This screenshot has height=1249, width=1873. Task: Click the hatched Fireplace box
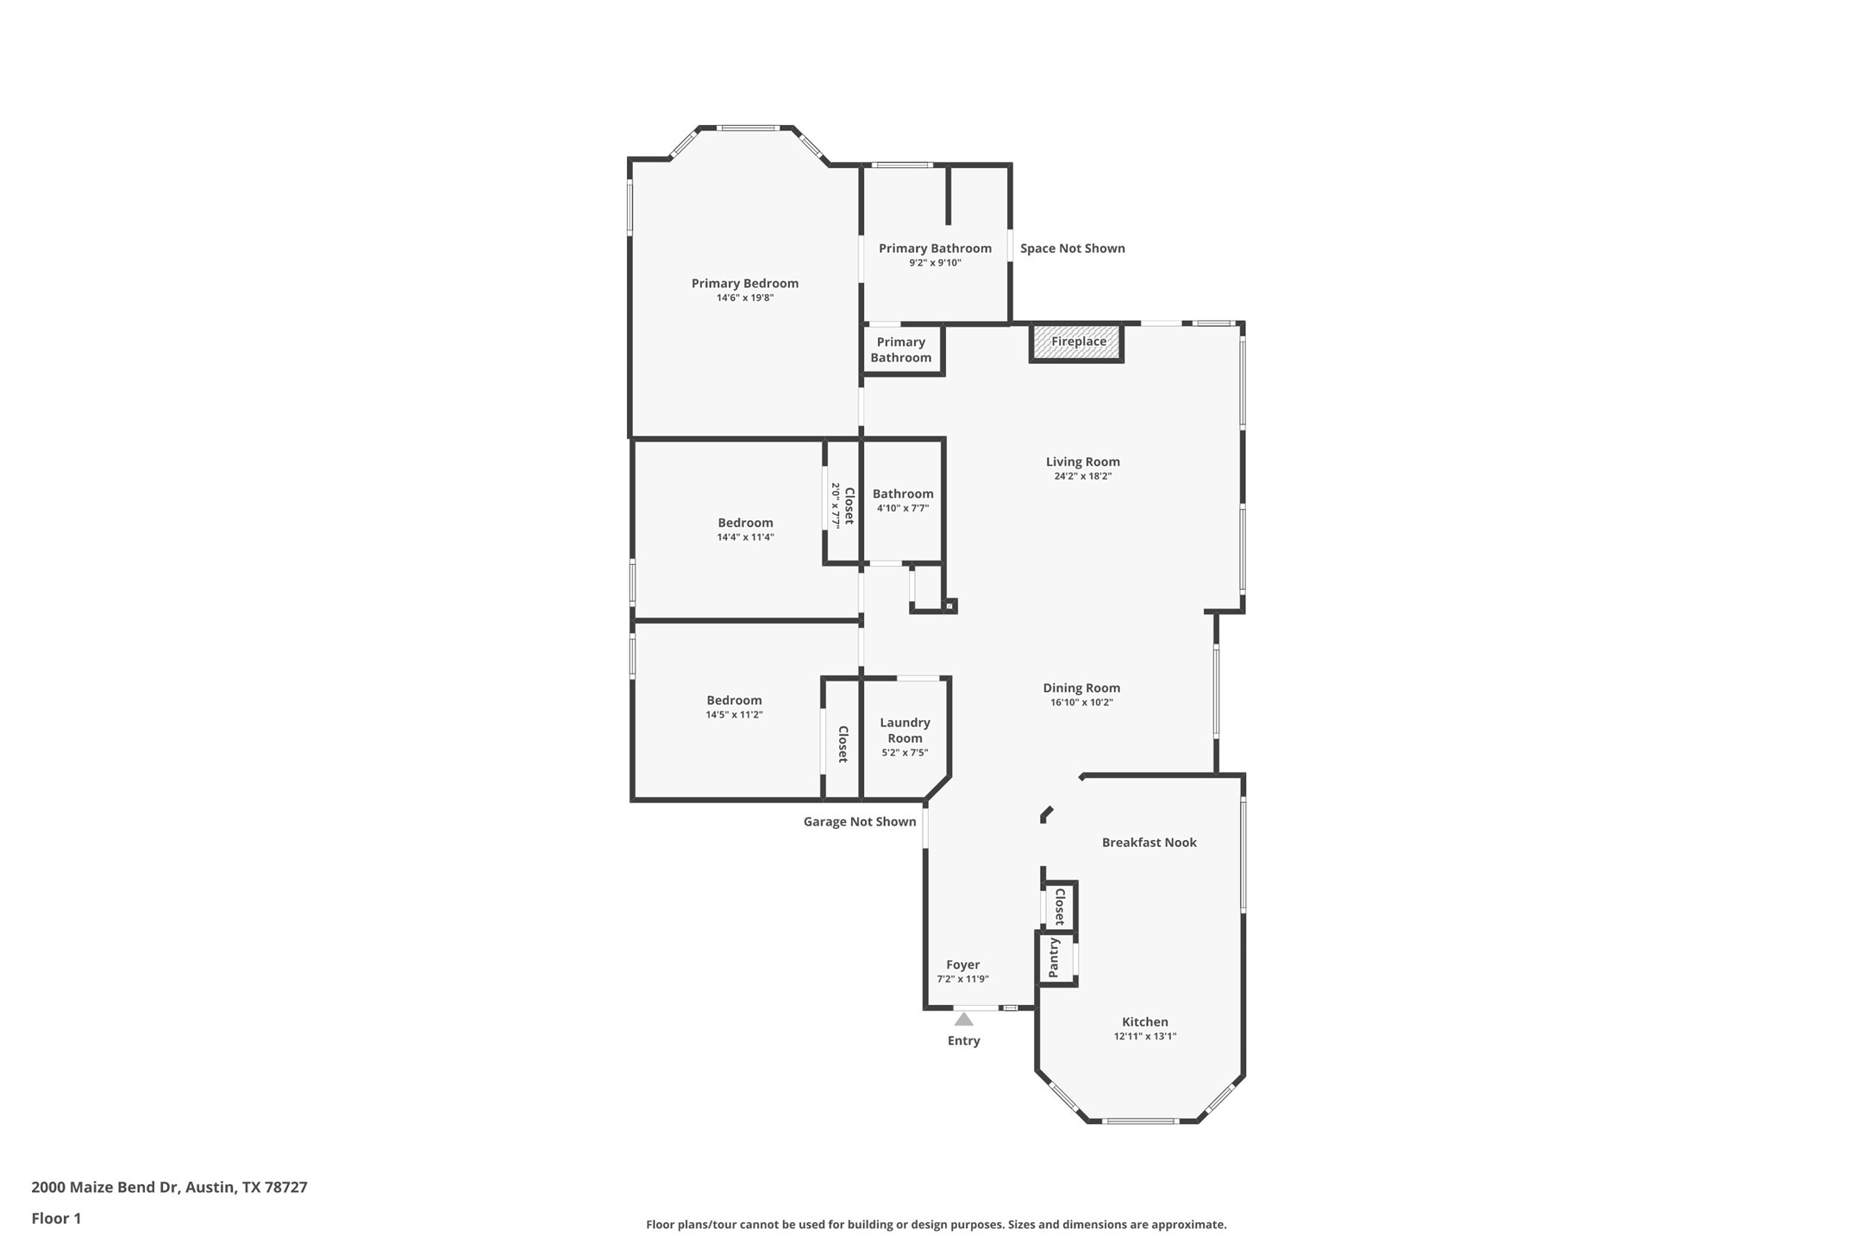(1077, 342)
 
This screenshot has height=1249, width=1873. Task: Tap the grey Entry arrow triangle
(963, 1020)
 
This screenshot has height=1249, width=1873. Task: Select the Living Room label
(1082, 461)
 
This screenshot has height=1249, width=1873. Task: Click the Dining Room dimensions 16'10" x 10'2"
(1081, 702)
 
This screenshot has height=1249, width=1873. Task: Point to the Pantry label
(1054, 957)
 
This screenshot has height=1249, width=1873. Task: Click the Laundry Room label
(905, 730)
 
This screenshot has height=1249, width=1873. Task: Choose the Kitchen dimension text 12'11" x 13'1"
(1144, 1036)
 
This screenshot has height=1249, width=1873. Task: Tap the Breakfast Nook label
(1149, 842)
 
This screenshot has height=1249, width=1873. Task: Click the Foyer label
(962, 964)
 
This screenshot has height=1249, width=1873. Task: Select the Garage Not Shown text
(859, 821)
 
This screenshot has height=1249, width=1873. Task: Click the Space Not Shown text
(1072, 248)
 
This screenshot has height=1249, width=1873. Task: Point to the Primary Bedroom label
(744, 283)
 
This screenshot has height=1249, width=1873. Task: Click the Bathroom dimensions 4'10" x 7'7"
(902, 508)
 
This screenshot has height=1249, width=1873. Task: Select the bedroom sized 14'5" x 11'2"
(734, 706)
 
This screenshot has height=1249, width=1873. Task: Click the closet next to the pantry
(1060, 906)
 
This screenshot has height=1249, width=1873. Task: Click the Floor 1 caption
(56, 1218)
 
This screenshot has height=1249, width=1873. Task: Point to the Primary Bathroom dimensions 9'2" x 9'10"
(935, 262)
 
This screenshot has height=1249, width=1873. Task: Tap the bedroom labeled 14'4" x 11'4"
(745, 529)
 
